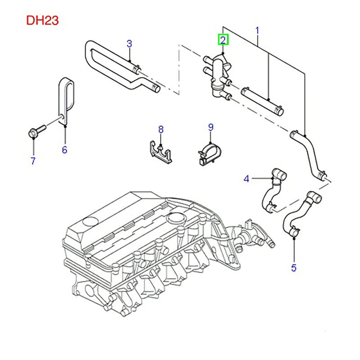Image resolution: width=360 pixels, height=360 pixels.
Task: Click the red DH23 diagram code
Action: (x=42, y=20)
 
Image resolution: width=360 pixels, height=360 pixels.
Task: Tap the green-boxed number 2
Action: (x=223, y=40)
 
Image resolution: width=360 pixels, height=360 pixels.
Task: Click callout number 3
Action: (x=129, y=44)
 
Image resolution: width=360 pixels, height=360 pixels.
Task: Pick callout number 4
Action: (x=246, y=179)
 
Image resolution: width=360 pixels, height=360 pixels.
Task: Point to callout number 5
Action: (x=293, y=268)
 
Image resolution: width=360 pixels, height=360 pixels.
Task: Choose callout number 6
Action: (x=64, y=149)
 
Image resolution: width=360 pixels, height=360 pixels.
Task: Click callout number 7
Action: (x=32, y=160)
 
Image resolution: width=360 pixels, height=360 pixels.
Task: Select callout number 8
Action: (x=161, y=130)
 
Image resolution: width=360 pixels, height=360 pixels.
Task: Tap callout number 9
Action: (x=211, y=127)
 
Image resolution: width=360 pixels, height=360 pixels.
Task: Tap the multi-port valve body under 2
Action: (x=218, y=74)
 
